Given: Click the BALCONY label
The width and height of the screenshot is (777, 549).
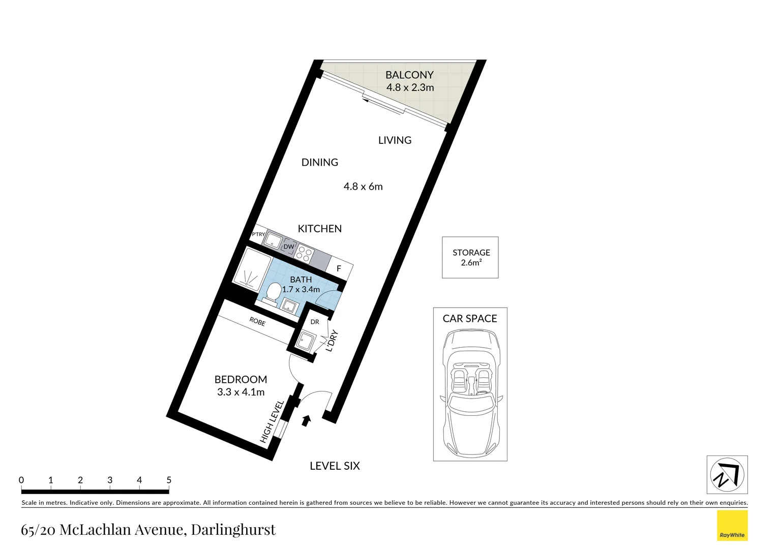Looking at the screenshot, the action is (x=409, y=75).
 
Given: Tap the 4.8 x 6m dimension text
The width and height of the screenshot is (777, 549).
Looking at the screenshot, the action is (x=363, y=187).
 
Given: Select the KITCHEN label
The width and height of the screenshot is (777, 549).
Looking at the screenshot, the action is (x=320, y=229).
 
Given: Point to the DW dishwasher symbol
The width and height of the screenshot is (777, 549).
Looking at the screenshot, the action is (x=289, y=247).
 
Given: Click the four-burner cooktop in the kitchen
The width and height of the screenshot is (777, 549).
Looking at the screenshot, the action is (x=304, y=254).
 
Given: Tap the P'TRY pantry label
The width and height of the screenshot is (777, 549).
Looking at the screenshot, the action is (x=258, y=234).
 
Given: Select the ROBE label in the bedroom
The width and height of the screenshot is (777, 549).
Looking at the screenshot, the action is (x=257, y=321).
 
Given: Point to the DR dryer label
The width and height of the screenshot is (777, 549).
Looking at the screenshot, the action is (x=315, y=322).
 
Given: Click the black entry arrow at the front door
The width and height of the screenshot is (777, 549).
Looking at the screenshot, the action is (x=306, y=420).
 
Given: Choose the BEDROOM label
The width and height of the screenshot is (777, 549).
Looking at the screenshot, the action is (x=241, y=379).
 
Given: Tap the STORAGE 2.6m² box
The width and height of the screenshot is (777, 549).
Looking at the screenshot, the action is (x=470, y=257).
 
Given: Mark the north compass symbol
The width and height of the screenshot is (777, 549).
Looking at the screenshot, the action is (x=727, y=474).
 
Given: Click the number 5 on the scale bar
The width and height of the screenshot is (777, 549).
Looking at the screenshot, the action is (x=169, y=480).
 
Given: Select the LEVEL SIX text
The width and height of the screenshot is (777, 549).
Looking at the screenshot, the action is (x=335, y=466).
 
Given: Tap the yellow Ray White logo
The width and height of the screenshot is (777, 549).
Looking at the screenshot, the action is (x=732, y=526).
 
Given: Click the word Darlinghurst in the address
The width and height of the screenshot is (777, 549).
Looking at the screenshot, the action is (x=233, y=530).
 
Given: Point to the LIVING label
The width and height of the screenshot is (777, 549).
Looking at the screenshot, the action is (x=395, y=140).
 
